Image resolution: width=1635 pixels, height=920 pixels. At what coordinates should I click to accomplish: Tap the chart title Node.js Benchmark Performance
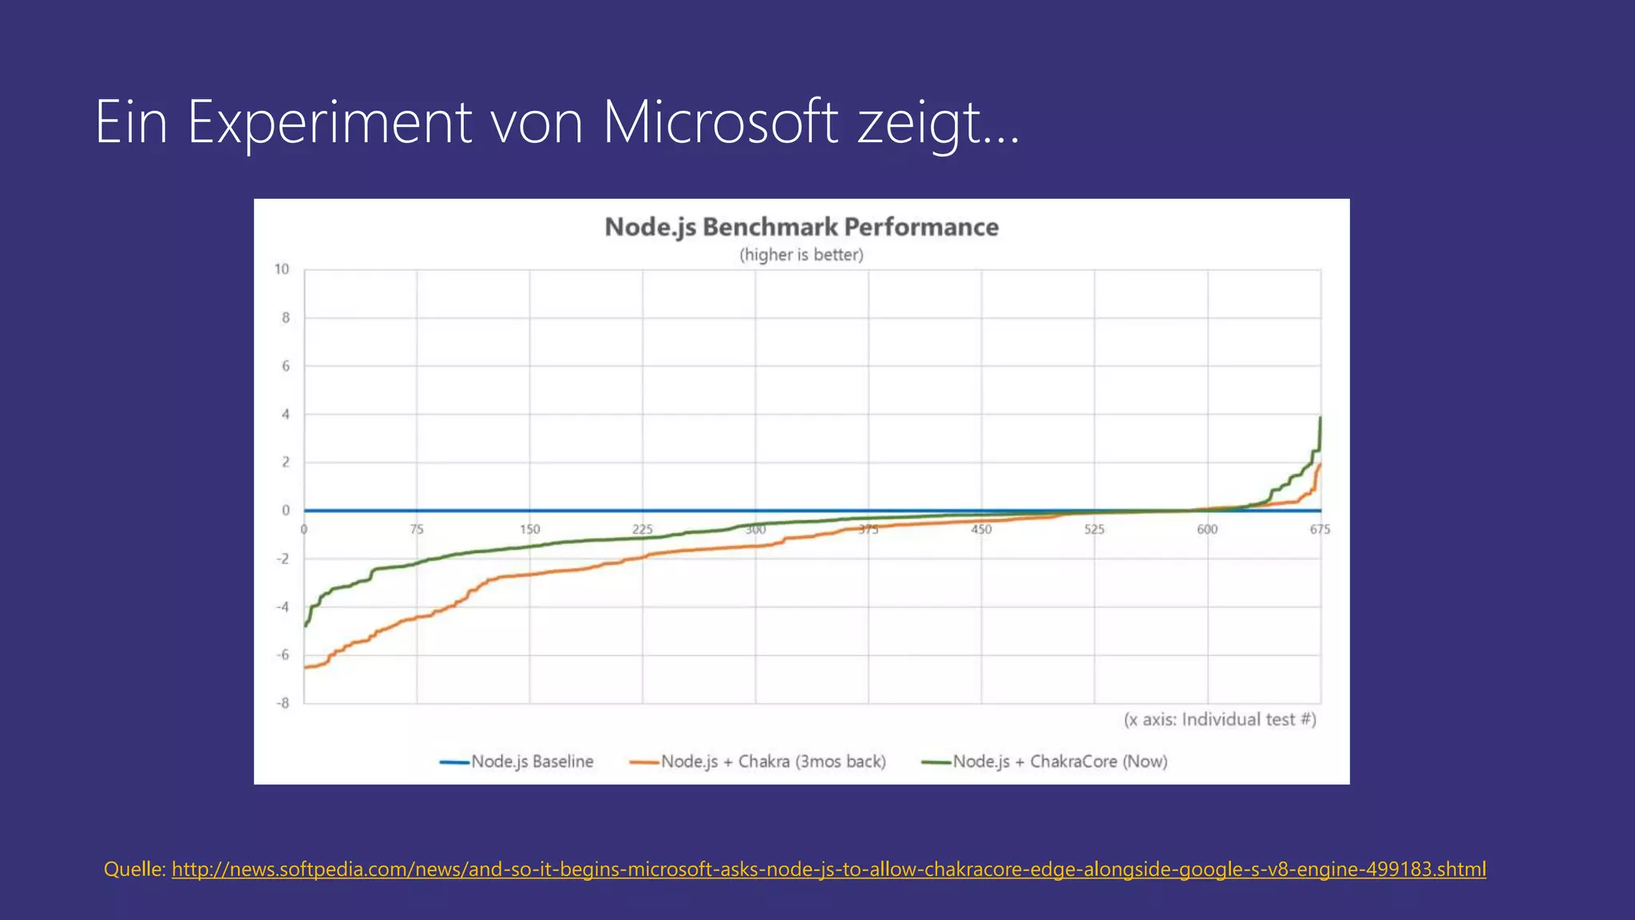tap(802, 227)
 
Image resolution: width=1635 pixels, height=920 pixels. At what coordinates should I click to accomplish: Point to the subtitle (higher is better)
tap(802, 255)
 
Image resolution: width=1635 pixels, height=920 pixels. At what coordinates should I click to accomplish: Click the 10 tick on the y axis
tap(282, 269)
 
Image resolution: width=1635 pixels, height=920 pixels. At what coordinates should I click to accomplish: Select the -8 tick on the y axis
tap(283, 704)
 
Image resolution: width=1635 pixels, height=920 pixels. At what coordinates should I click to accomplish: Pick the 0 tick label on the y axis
tap(286, 510)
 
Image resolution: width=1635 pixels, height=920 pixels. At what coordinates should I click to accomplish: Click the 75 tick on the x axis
tap(417, 529)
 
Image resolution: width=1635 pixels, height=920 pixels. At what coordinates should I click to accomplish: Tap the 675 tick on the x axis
tap(1320, 529)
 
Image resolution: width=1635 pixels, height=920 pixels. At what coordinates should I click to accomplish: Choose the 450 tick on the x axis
tap(981, 529)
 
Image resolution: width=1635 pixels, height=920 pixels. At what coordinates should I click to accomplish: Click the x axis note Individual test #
tap(1220, 720)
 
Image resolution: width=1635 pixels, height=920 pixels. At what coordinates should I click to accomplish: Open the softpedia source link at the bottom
tap(829, 869)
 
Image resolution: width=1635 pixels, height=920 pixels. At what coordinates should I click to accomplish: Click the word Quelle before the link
tap(134, 869)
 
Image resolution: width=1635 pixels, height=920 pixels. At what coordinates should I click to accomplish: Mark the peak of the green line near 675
tap(1320, 418)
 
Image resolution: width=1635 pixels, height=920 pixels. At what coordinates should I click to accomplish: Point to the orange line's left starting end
tap(306, 667)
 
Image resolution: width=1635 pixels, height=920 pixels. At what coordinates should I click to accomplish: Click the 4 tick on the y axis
tap(286, 414)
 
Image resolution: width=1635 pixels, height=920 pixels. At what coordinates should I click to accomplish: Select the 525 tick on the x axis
tap(1095, 529)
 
